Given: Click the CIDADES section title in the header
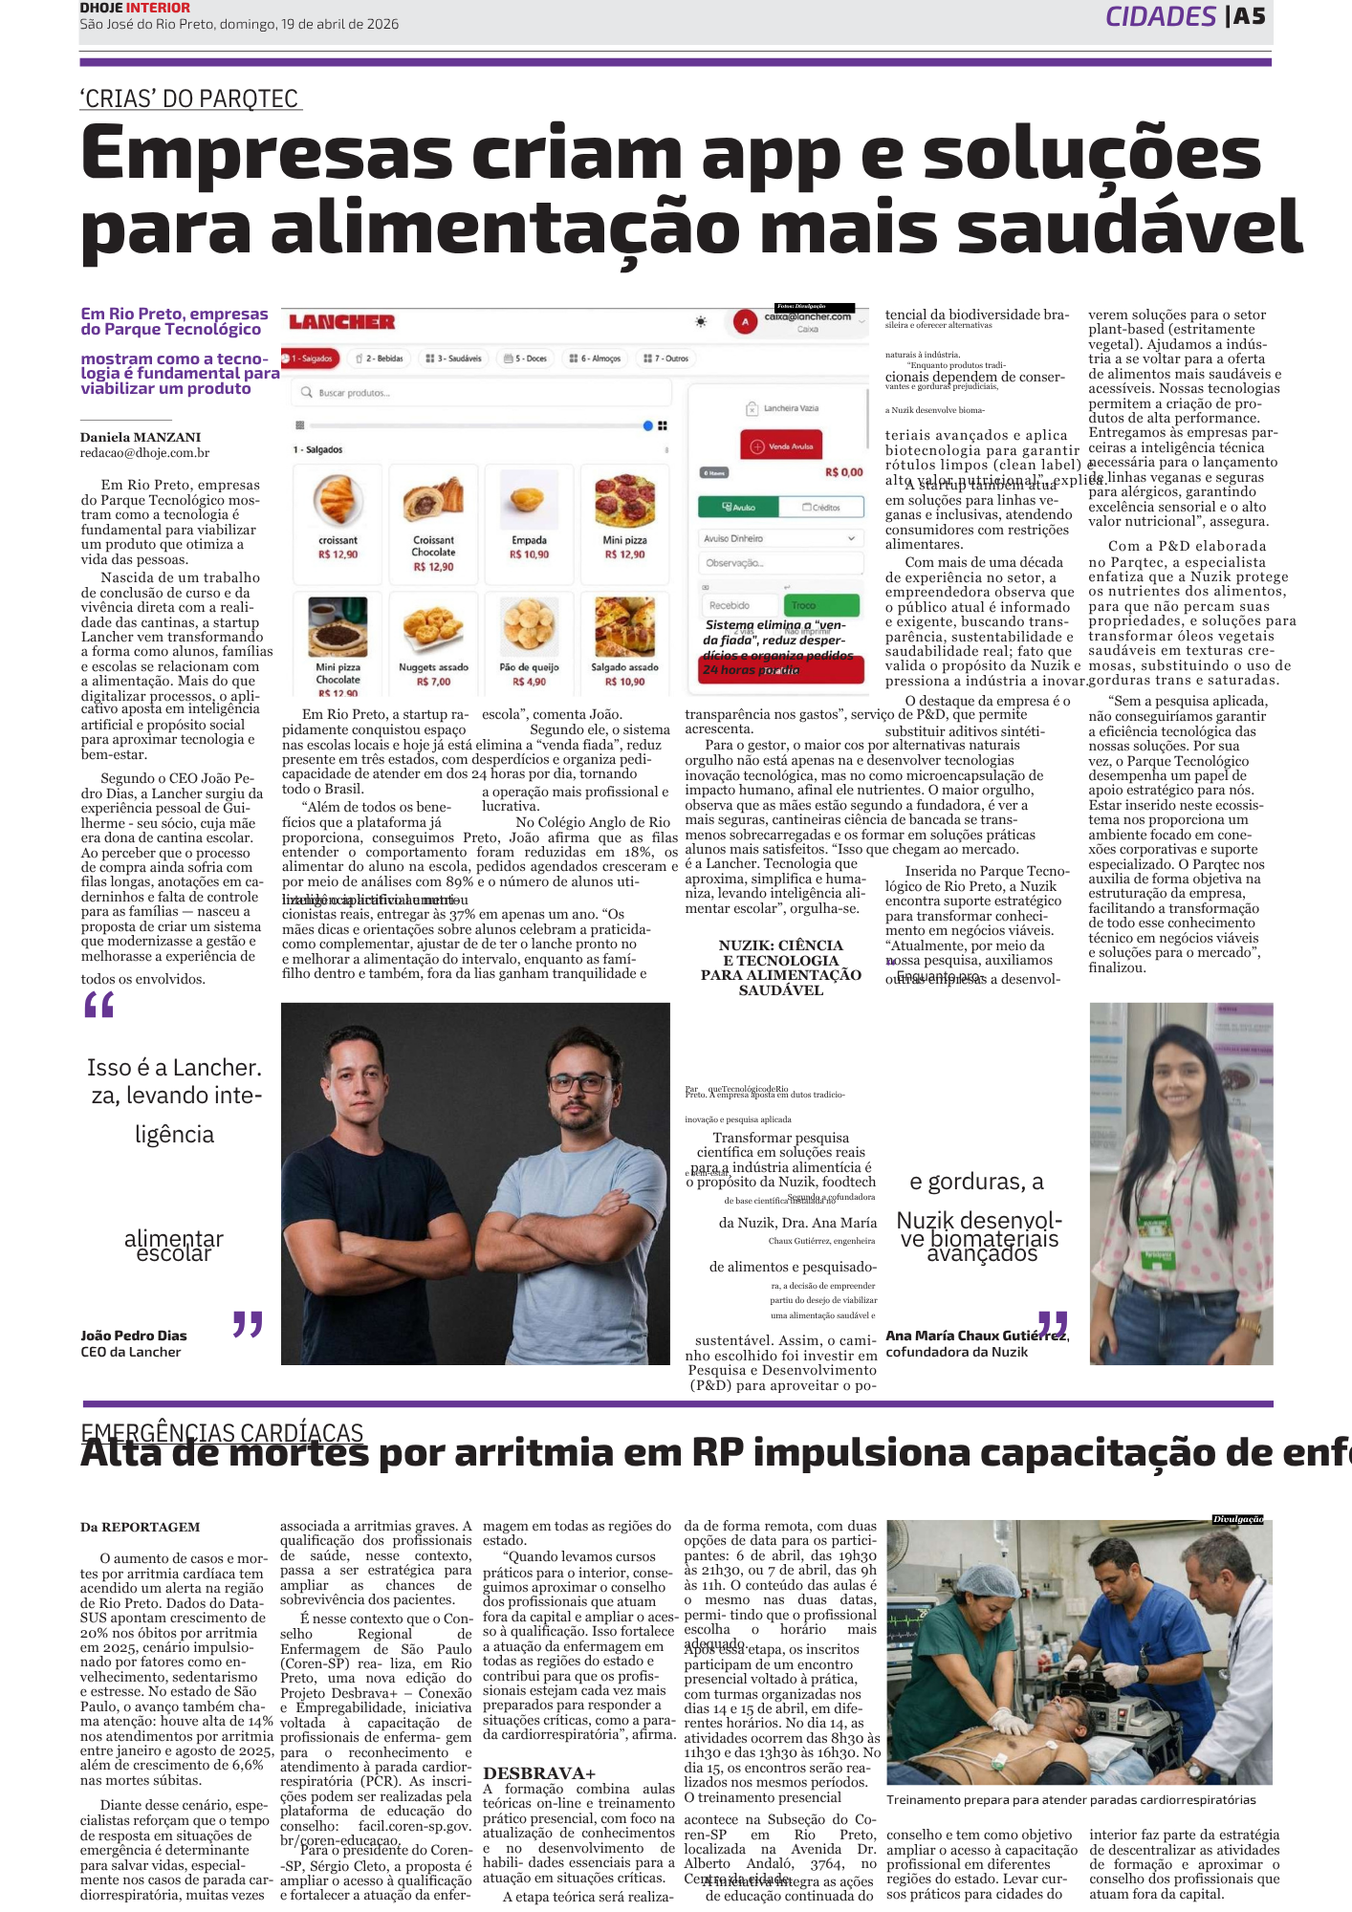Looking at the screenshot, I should click(1161, 16).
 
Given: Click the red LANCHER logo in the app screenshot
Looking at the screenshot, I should click(342, 322).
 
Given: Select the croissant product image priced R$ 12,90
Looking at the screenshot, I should click(337, 500).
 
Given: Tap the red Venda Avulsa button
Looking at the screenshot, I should click(781, 445).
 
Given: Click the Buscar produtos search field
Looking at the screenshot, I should click(484, 392).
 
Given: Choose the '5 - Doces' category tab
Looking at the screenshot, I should click(526, 358).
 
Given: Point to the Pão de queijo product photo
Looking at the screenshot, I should click(529, 626).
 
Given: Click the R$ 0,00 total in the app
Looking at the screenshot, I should click(843, 472).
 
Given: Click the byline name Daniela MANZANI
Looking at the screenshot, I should click(141, 438).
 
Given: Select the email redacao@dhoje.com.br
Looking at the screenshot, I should click(144, 453).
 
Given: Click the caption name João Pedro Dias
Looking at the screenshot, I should click(134, 1336).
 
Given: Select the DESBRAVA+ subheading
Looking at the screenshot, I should click(539, 1773).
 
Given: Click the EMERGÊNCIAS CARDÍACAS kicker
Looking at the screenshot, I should click(222, 1432).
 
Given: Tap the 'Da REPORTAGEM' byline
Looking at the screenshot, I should click(141, 1527).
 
